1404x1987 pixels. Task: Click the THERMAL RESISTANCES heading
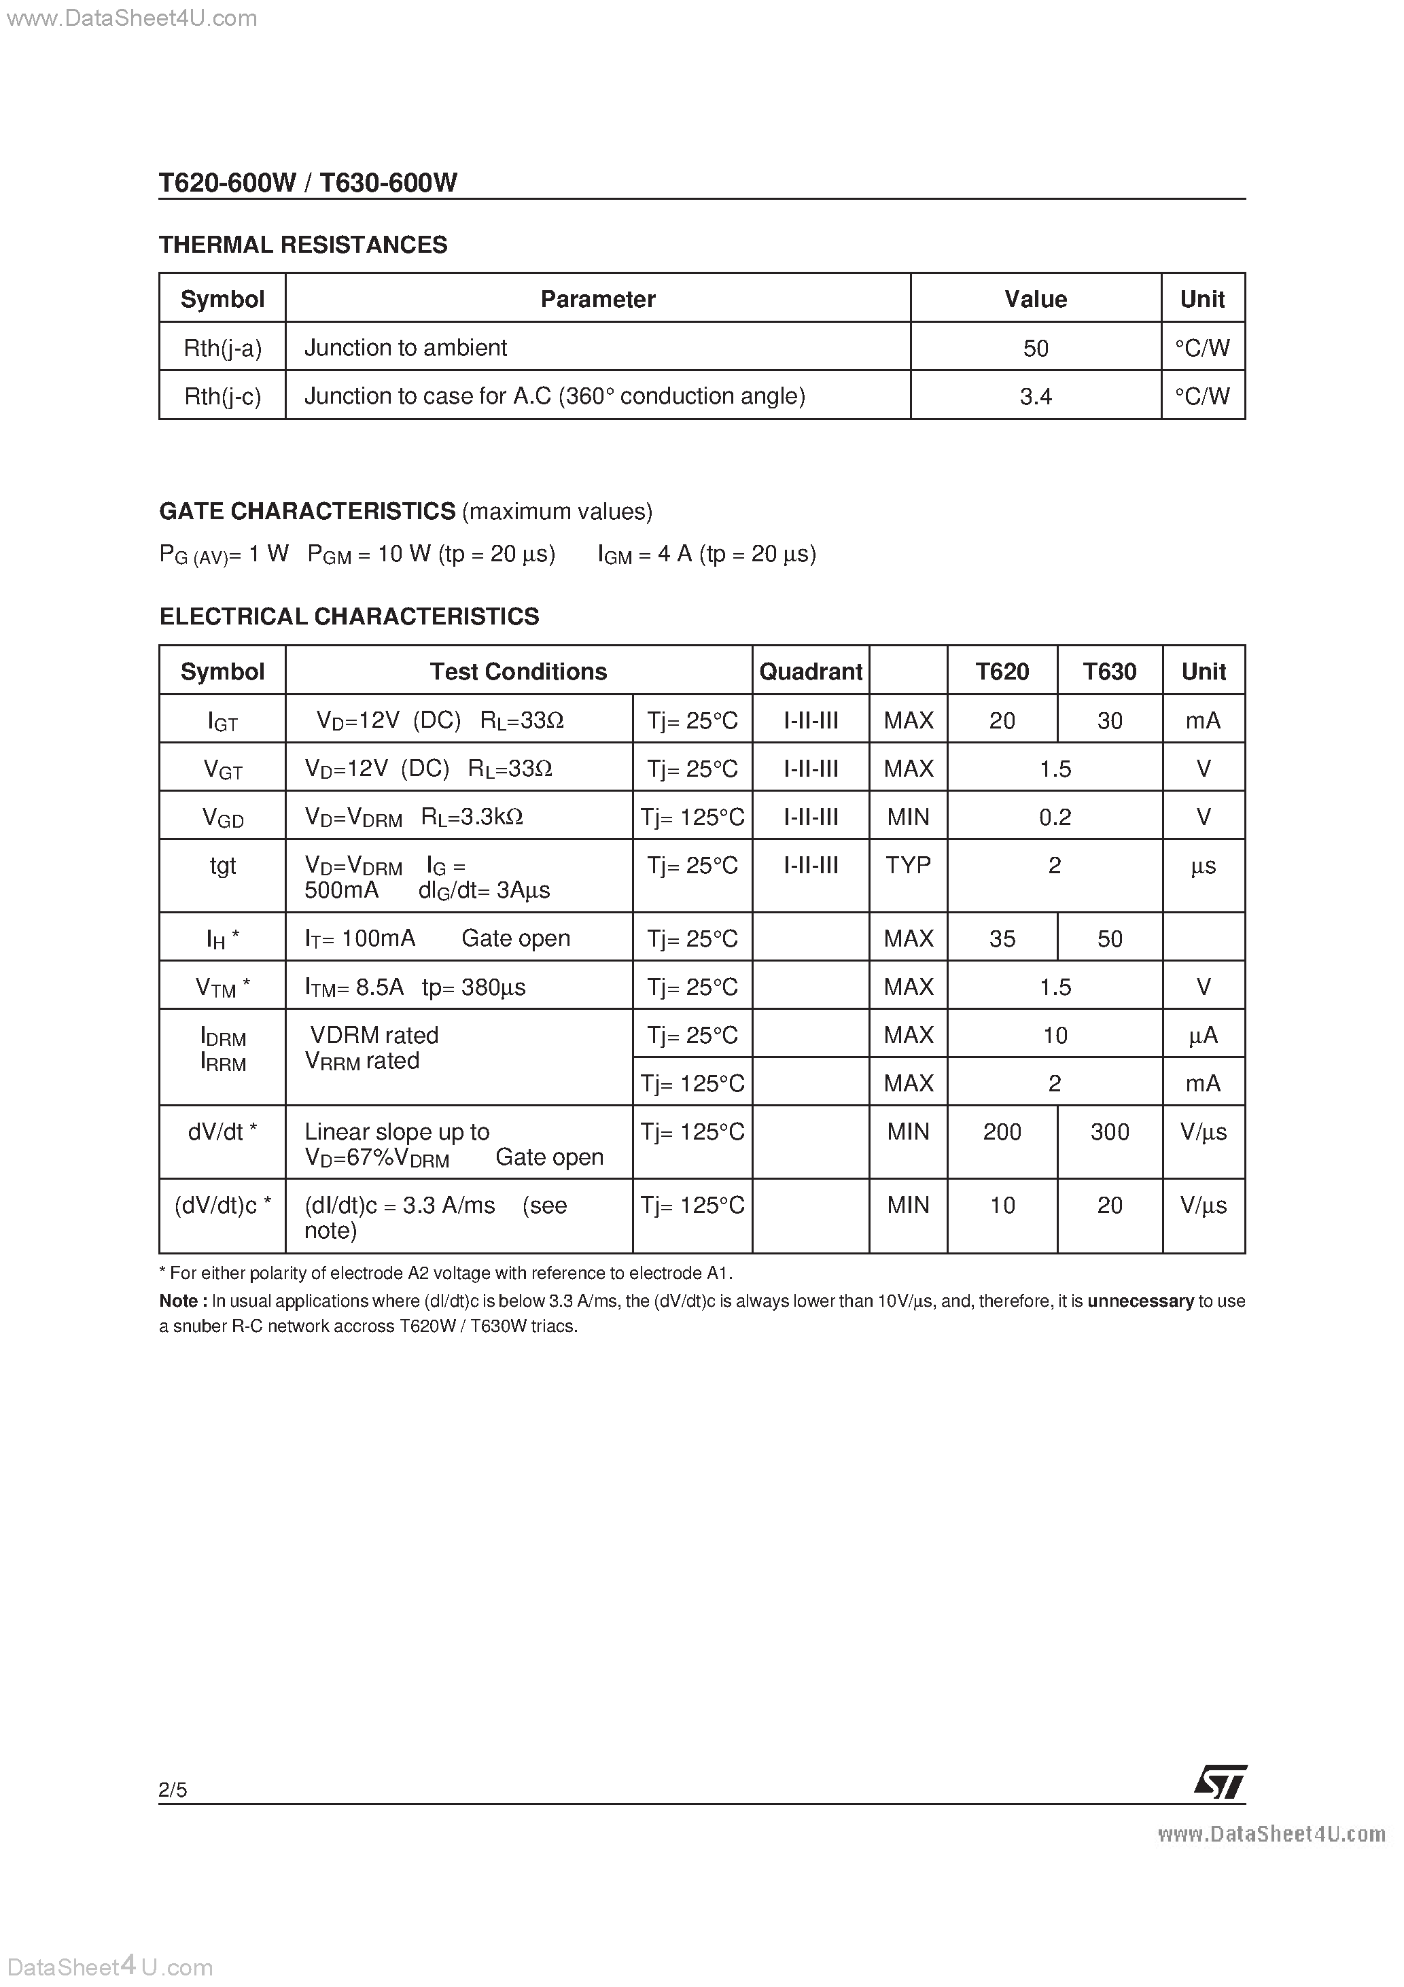point(303,245)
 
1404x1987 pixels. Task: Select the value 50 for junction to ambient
point(1035,348)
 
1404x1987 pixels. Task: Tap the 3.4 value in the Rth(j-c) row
point(1035,396)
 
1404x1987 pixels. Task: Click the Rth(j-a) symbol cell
point(222,348)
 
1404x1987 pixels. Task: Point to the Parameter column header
point(597,300)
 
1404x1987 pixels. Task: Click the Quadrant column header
point(810,671)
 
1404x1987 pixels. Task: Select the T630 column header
point(1109,671)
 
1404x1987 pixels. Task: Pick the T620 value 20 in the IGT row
point(1002,720)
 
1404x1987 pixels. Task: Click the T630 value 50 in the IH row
point(1109,938)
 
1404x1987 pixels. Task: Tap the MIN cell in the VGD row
point(908,817)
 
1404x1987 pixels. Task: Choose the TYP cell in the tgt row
point(908,866)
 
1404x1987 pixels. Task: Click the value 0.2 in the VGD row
point(1054,817)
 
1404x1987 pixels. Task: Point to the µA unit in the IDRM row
point(1203,1035)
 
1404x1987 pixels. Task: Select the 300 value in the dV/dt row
point(1109,1132)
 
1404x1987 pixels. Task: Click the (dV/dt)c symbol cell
point(222,1206)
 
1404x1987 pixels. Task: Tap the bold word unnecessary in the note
point(1140,1301)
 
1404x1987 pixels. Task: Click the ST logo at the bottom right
point(1221,1782)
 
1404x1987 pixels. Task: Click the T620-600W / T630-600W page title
point(308,183)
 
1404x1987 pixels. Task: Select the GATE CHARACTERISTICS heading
point(307,512)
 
